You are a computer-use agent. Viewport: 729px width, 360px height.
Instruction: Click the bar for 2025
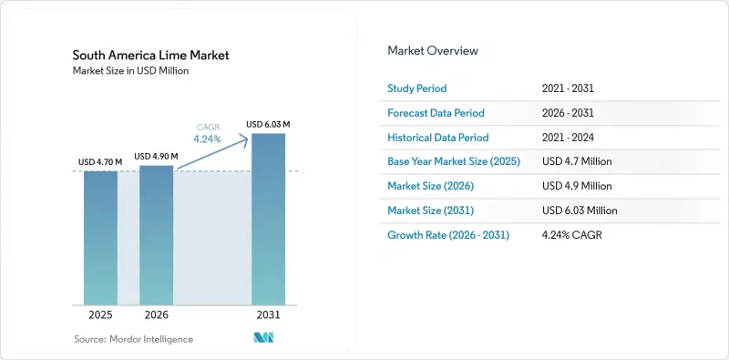100,238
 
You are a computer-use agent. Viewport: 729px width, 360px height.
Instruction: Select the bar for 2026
156,235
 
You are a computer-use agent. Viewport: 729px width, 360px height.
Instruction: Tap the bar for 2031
268,220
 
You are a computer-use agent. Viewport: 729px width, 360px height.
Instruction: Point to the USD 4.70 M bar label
100,162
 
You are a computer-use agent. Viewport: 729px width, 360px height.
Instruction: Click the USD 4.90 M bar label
156,157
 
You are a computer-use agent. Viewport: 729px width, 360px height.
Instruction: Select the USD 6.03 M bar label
268,125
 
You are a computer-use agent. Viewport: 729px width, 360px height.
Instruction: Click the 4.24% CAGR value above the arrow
208,139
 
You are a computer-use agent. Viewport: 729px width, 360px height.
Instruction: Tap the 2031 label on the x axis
268,314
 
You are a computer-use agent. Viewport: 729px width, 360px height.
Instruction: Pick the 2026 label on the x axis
156,314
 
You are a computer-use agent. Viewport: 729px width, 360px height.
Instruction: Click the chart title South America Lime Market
150,56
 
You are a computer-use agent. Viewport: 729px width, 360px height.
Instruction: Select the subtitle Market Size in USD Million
130,71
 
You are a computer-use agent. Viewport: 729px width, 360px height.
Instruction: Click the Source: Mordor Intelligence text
133,339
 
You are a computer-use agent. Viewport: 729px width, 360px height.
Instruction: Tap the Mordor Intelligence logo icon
263,338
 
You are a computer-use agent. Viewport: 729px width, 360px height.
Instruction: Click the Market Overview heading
433,50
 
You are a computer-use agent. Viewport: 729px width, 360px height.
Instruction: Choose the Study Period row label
417,88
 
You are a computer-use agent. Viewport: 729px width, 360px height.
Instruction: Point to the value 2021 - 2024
568,138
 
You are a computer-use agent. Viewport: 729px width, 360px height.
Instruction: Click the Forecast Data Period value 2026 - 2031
568,113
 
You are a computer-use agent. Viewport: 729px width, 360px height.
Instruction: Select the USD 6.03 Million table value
580,211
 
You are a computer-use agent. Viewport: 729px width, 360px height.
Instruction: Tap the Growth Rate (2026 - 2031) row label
448,235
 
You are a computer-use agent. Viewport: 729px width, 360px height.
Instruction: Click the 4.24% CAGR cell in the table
572,235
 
